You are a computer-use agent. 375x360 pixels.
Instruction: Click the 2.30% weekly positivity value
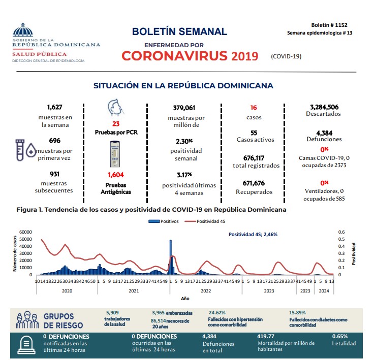(x=184, y=141)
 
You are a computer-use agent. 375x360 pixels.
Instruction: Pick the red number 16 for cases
(x=255, y=108)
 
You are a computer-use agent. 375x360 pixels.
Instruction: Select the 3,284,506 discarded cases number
(x=324, y=107)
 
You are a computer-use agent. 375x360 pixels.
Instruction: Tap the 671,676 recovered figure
(x=255, y=183)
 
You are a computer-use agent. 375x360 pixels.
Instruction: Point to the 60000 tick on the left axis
(x=25, y=232)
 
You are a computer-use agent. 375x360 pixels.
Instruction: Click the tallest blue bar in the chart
(x=170, y=257)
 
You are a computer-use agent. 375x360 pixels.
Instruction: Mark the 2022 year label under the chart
(x=205, y=291)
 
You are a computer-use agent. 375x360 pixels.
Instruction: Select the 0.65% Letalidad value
(x=339, y=336)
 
